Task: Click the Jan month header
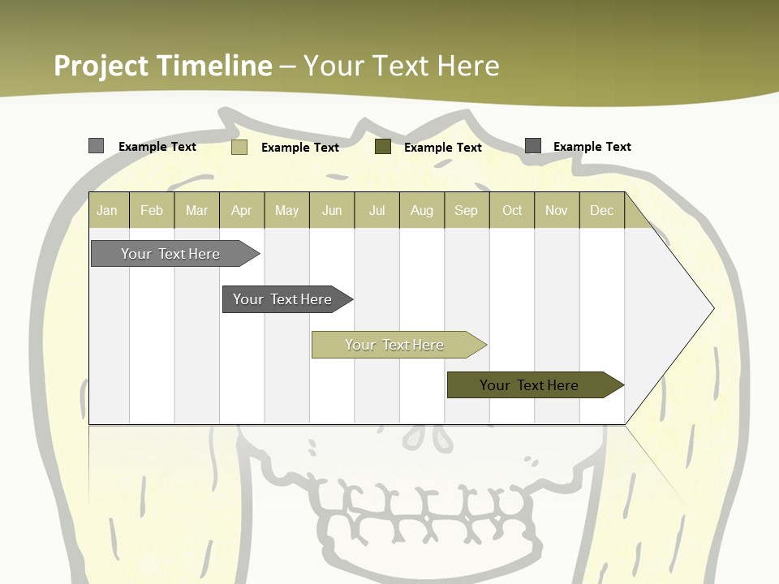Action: coord(107,210)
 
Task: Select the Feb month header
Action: coord(152,210)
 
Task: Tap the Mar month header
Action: coord(196,210)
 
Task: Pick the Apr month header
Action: coord(242,210)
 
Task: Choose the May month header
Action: coord(286,210)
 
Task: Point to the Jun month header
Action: coord(332,210)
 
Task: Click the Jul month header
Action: coord(377,210)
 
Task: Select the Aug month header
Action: coord(422,210)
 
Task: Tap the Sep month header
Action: coord(467,210)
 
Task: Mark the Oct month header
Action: coord(512,210)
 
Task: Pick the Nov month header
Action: coord(557,210)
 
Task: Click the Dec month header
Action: coord(602,210)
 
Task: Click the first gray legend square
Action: coord(97,146)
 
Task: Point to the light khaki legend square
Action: coord(239,147)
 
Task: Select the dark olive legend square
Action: coord(383,147)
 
